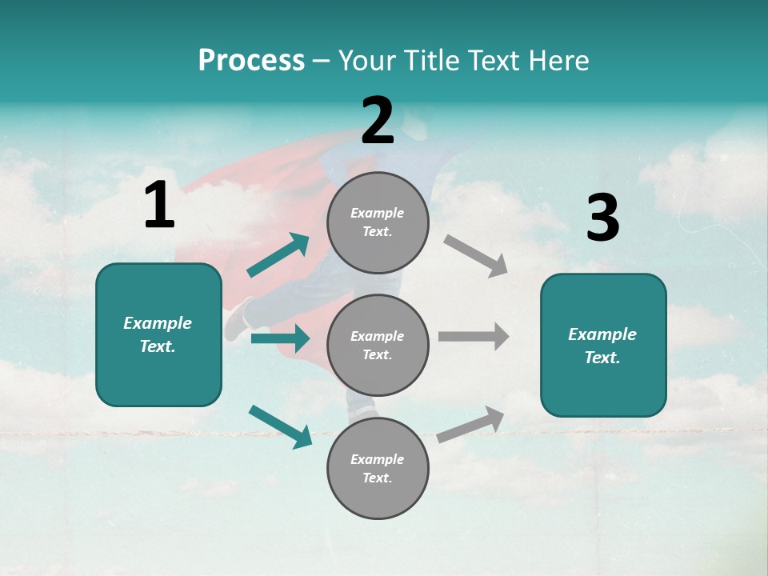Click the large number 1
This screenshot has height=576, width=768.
click(159, 206)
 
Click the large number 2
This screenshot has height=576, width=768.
click(378, 121)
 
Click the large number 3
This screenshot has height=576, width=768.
click(602, 218)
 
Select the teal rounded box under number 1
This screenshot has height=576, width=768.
click(158, 334)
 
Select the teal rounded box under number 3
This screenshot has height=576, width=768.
click(603, 345)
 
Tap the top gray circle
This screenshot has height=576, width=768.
click(378, 222)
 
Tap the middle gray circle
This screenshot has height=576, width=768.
click(378, 345)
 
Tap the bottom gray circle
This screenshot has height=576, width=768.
click(378, 468)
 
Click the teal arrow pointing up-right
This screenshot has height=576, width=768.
click(278, 255)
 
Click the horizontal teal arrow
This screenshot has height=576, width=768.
click(280, 338)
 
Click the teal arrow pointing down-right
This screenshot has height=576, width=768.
click(280, 426)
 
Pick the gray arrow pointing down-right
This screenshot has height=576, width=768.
click(476, 256)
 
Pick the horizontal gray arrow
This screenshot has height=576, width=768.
click(474, 336)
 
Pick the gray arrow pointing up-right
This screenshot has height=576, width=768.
click(470, 425)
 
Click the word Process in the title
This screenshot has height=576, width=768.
click(251, 60)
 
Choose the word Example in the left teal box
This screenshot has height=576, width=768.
click(158, 323)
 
